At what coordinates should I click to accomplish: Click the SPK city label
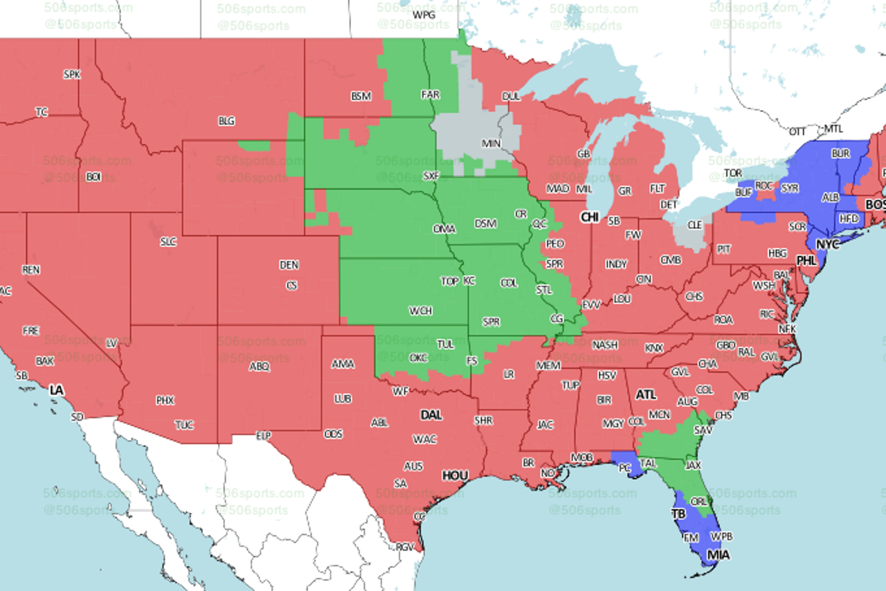(x=71, y=74)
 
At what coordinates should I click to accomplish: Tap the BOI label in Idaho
(x=93, y=177)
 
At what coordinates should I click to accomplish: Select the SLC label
(x=168, y=242)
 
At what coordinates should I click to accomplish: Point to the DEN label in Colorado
(x=289, y=264)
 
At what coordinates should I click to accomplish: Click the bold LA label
(x=56, y=390)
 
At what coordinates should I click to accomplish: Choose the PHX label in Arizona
(x=165, y=400)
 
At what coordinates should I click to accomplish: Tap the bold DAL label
(x=431, y=415)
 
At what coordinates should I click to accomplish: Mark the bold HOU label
(x=455, y=475)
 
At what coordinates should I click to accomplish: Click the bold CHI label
(x=590, y=217)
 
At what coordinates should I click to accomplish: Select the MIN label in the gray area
(x=491, y=143)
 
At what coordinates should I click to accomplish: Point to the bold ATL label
(x=646, y=394)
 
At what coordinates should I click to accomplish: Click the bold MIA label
(x=718, y=554)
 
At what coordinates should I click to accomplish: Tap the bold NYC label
(x=827, y=244)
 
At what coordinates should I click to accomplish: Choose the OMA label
(x=444, y=228)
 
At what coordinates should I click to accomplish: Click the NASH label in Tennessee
(x=605, y=345)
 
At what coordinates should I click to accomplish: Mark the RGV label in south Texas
(x=405, y=547)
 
